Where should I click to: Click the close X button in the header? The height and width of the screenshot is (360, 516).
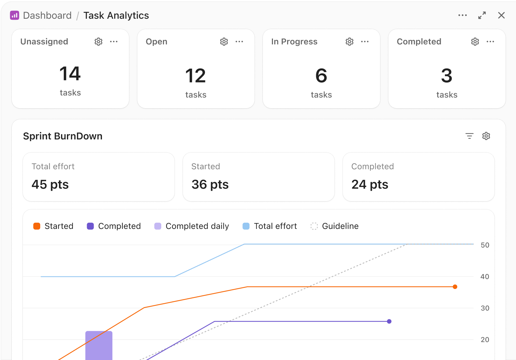501,15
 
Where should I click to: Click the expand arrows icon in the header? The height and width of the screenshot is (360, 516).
482,15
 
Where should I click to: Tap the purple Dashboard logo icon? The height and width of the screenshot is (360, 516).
15,15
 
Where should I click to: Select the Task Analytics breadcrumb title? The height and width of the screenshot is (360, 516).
116,16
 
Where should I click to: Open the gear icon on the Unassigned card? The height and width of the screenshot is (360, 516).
98,42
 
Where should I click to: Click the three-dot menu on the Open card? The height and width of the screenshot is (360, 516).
239,42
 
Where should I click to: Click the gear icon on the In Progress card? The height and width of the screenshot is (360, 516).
350,42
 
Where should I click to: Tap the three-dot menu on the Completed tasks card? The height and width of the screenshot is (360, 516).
490,42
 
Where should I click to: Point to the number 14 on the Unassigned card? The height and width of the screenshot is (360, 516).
70,74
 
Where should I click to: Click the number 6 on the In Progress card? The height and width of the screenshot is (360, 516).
321,76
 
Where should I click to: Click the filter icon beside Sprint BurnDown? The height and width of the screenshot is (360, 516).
469,136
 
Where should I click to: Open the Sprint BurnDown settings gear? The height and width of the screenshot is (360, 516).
486,136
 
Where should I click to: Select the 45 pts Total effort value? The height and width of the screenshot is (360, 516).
50,185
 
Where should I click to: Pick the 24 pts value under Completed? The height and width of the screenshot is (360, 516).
370,185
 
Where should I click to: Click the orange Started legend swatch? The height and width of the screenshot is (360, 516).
37,226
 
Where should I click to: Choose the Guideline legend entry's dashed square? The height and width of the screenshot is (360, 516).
314,226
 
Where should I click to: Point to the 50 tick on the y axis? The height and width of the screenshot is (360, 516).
485,245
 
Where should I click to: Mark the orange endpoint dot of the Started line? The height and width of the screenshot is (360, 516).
455,287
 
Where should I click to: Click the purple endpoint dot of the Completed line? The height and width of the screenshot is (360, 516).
389,322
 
